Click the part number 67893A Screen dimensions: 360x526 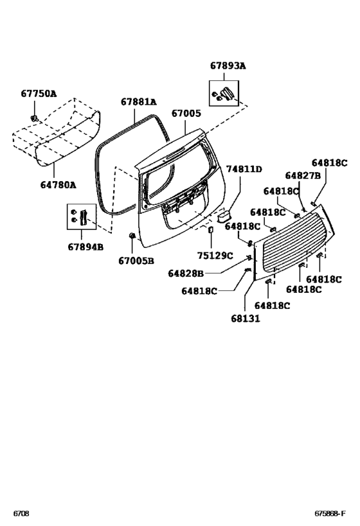(228, 66)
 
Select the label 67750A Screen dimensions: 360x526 (39, 94)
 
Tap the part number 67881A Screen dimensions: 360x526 (139, 101)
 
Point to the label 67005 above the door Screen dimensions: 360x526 (186, 114)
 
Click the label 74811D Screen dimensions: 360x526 (244, 169)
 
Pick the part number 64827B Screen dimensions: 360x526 (303, 175)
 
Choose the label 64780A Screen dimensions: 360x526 (58, 185)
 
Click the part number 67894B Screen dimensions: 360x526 (85, 247)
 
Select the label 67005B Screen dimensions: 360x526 (136, 261)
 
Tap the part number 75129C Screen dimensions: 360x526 (215, 256)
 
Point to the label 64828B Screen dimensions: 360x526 (186, 274)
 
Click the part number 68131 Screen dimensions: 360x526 (246, 319)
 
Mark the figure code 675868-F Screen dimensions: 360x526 (330, 514)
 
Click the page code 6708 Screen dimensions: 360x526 (21, 514)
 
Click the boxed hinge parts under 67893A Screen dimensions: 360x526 (224, 93)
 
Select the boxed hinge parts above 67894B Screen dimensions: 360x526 (81, 216)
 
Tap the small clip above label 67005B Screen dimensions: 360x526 (132, 236)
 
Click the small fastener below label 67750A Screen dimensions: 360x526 (34, 118)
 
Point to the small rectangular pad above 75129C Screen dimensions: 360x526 (211, 229)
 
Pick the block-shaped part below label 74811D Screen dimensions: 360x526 (223, 216)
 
